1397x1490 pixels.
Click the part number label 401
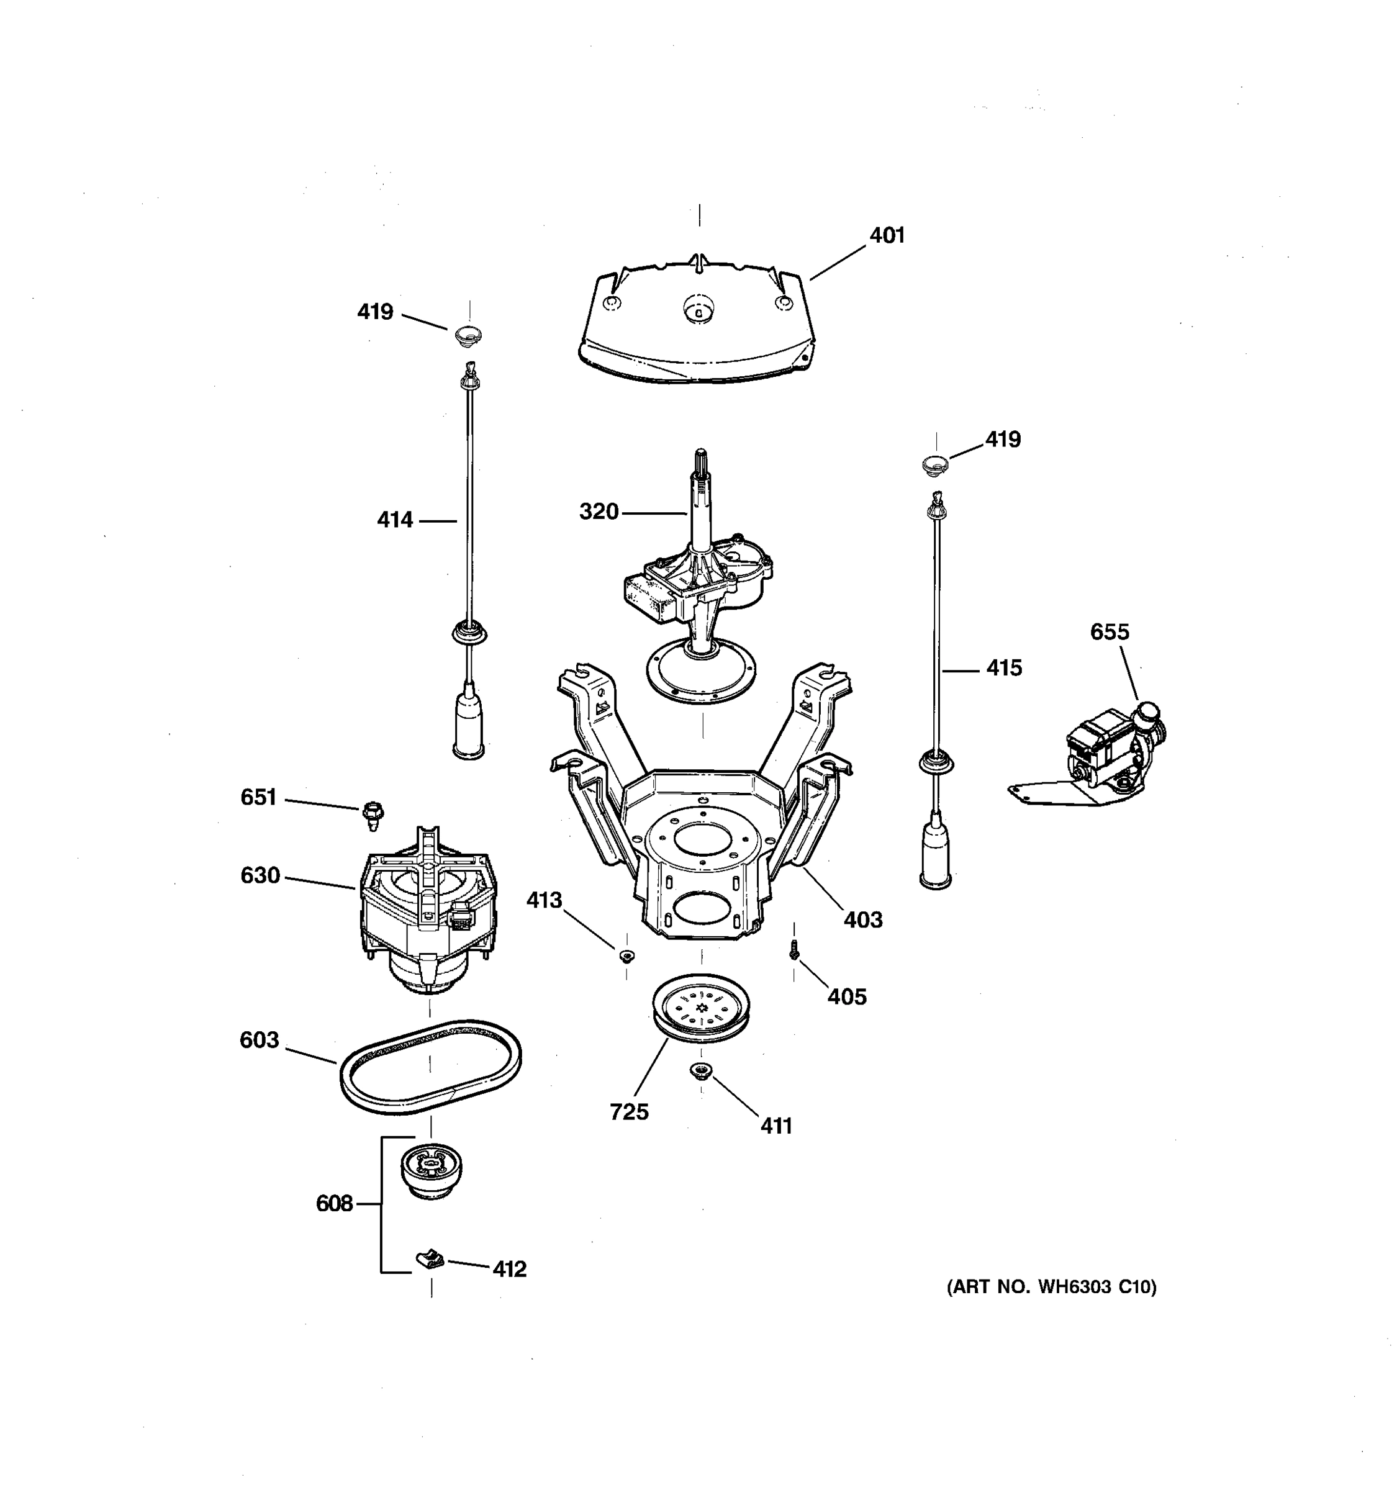tap(887, 235)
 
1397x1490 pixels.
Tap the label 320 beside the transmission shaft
tap(598, 512)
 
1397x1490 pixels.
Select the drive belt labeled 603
tap(430, 1068)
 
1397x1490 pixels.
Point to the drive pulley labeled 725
tap(701, 1009)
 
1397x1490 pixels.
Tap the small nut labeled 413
tap(626, 955)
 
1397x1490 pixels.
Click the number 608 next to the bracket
tap(333, 1203)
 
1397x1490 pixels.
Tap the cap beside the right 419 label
tap(935, 464)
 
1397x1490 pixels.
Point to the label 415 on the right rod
tap(1003, 668)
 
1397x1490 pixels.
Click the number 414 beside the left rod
tap(394, 520)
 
